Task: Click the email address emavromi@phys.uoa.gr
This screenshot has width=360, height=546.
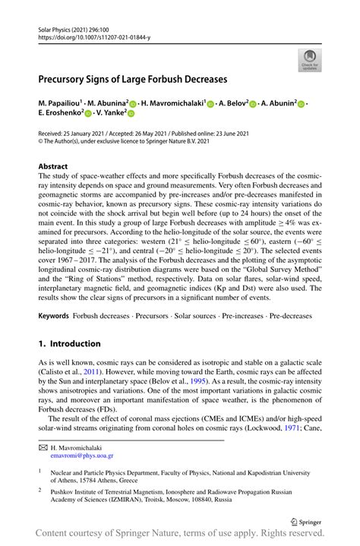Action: [x=82, y=456]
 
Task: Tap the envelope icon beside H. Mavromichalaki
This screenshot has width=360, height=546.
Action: [x=43, y=448]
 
